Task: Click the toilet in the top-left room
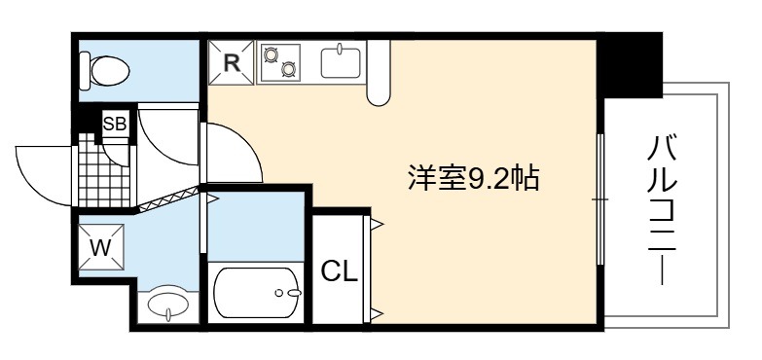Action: point(104,71)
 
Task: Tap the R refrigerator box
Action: point(232,62)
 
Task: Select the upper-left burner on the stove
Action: point(271,54)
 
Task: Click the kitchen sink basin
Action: point(341,62)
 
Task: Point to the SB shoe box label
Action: point(115,124)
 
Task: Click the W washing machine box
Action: point(100,247)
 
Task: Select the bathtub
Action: point(258,293)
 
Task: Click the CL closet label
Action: point(340,272)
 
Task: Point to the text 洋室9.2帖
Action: point(474,178)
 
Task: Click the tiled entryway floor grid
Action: point(104,170)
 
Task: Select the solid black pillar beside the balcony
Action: point(631,65)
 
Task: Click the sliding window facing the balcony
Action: point(600,199)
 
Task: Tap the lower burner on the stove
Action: point(289,69)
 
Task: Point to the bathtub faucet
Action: point(290,293)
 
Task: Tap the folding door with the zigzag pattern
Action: point(168,199)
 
